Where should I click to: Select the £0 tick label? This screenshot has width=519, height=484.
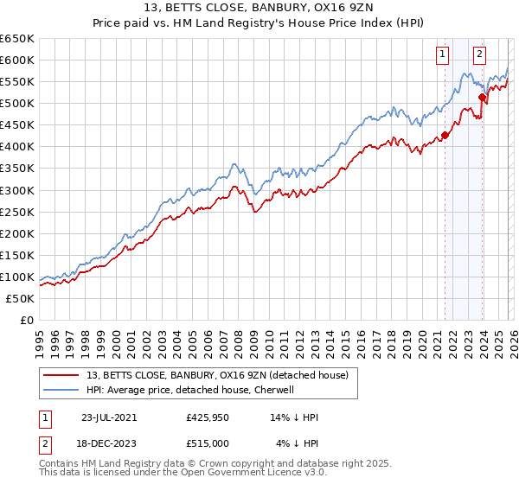click(27, 320)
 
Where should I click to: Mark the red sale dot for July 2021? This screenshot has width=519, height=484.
click(445, 135)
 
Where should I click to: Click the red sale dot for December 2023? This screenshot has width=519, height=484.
click(482, 97)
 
